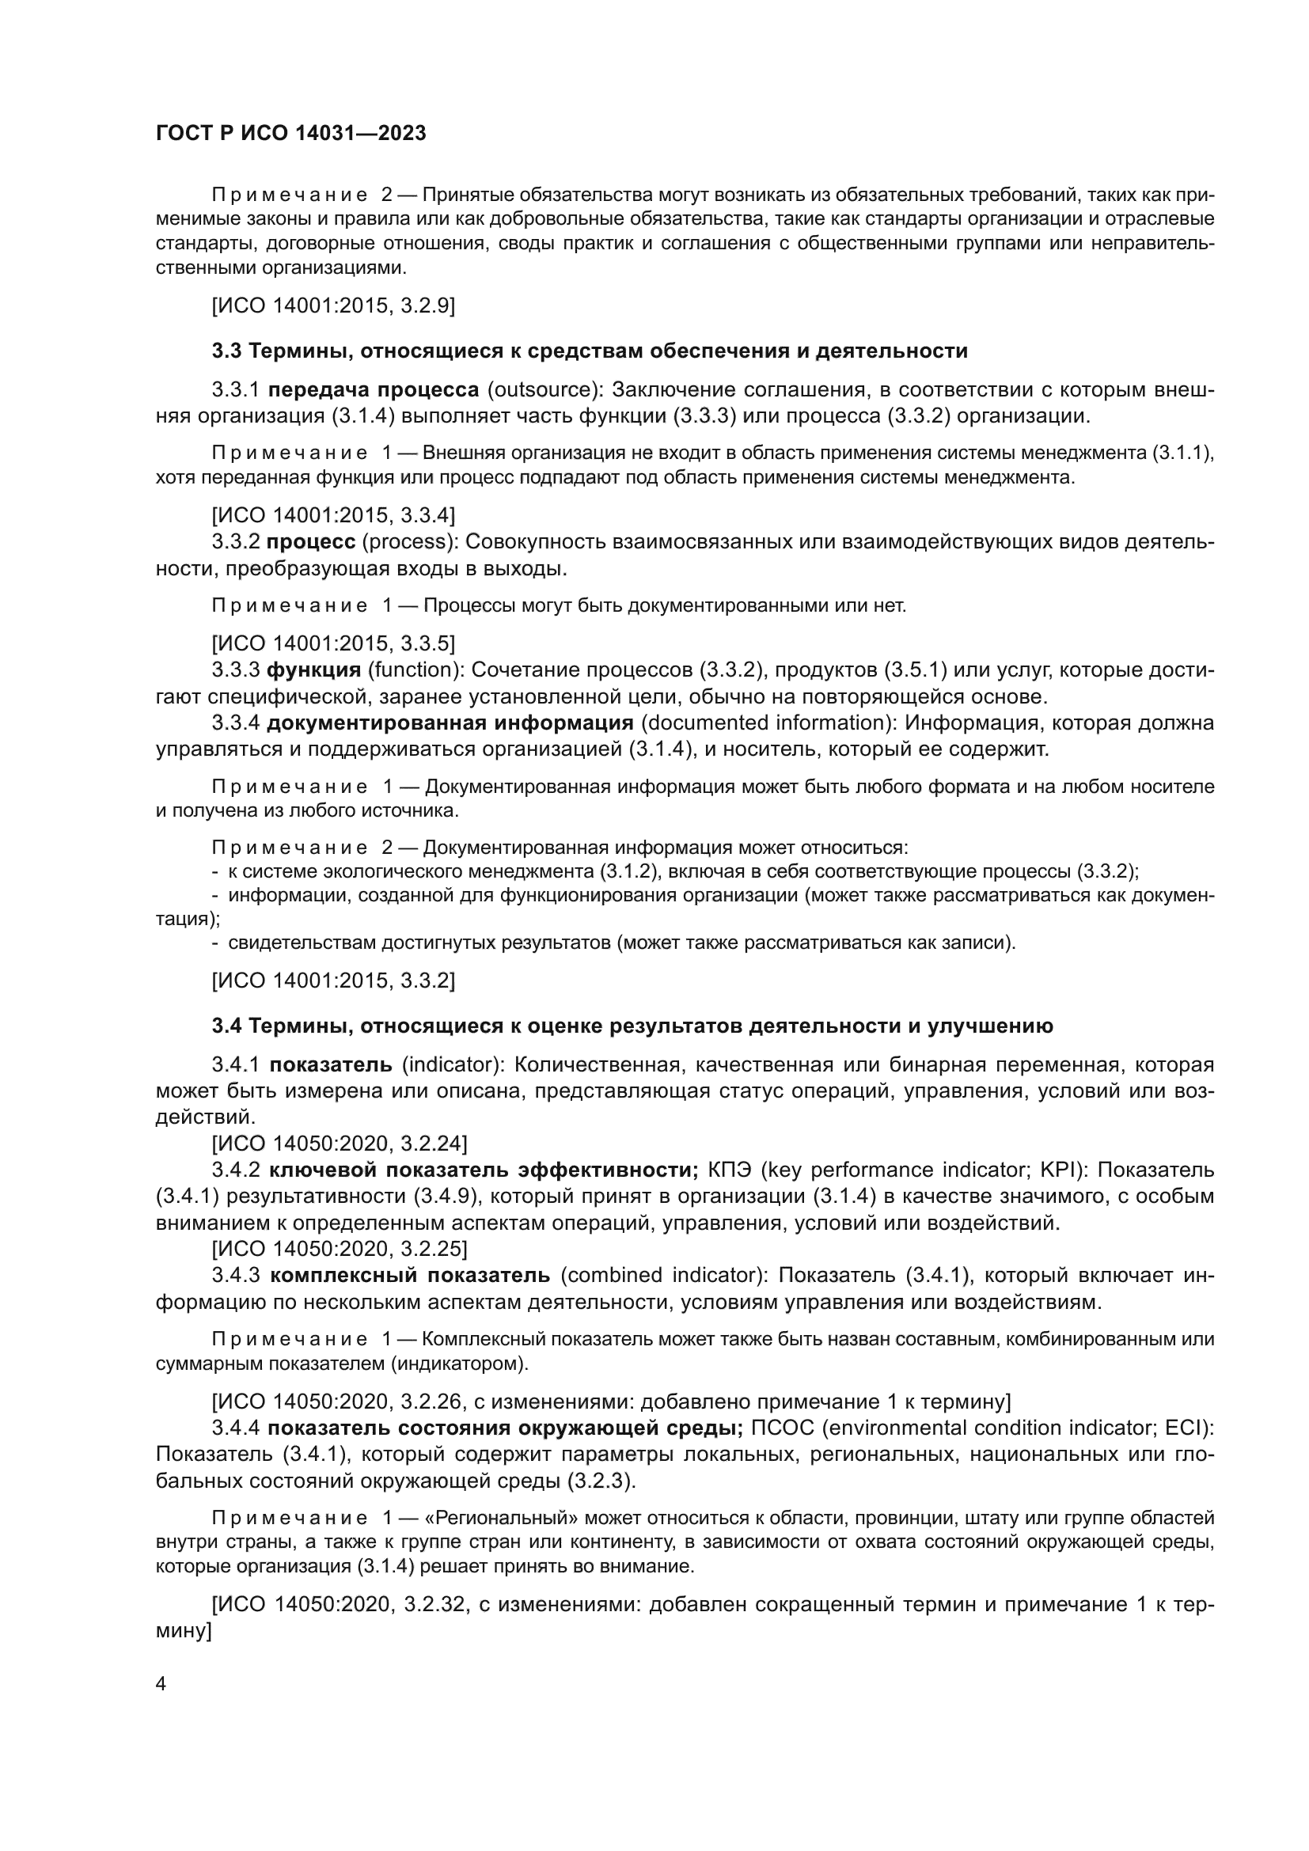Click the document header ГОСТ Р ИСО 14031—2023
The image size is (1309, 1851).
click(290, 133)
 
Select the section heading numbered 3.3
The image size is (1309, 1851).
click(590, 351)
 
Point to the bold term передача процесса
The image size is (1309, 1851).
click(374, 390)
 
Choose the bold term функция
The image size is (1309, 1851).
click(313, 670)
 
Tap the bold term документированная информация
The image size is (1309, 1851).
click(450, 723)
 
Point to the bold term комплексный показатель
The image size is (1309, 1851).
click(409, 1275)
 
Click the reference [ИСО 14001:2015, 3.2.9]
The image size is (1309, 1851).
click(333, 305)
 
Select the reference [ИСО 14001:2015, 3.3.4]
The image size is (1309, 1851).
click(333, 514)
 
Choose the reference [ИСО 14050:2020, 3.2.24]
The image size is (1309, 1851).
click(340, 1144)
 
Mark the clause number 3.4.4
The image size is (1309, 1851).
click(235, 1428)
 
